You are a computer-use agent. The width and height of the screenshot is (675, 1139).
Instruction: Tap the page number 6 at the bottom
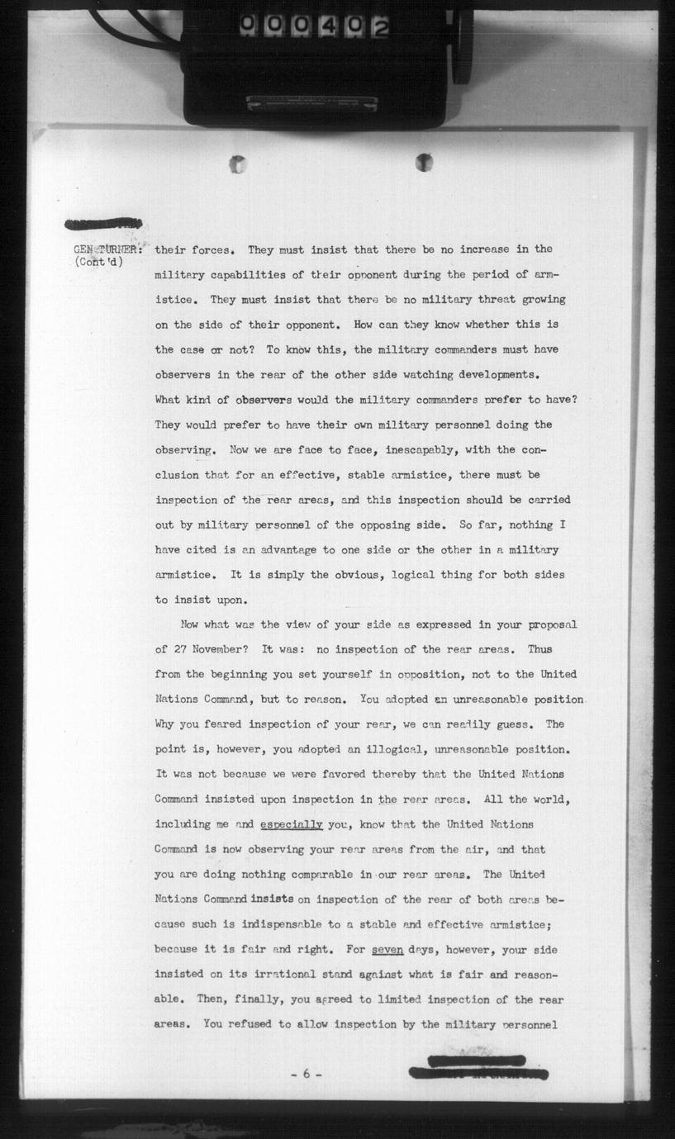pos(306,1074)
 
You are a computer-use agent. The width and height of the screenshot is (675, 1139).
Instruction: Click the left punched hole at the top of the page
pos(239,164)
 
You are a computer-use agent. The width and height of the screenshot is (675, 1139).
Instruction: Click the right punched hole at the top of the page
pos(424,162)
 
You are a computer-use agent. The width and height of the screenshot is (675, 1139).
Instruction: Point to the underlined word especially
pos(291,824)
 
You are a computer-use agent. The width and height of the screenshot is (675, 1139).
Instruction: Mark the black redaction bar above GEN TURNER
pos(103,223)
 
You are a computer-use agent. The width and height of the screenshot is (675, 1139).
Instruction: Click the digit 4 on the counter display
pos(331,27)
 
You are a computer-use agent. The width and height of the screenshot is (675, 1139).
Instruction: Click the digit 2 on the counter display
pos(381,27)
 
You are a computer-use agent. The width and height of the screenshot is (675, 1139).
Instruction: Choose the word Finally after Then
pos(248,999)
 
